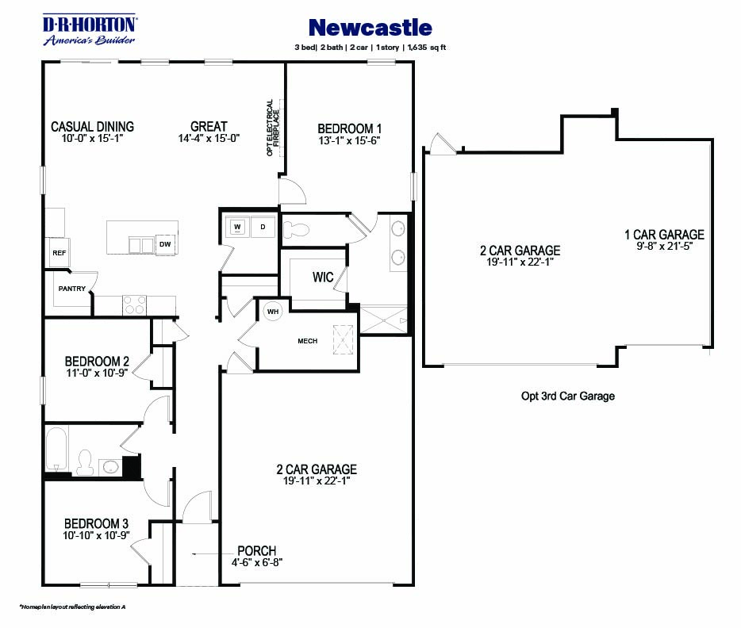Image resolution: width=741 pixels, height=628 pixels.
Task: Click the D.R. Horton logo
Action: pos(89,29)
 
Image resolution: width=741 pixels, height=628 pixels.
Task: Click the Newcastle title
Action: pos(370,28)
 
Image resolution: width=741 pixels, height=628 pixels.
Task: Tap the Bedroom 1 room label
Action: pos(350,128)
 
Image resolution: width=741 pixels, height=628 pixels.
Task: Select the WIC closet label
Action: pos(322,278)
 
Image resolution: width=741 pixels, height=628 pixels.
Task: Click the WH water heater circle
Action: pos(272,311)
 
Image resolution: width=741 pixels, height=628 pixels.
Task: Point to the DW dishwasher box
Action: pos(165,244)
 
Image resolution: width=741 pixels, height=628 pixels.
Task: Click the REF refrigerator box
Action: pos(59,253)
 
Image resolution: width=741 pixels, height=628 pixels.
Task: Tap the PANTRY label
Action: pos(71,289)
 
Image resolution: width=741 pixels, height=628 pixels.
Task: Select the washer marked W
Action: pos(236,227)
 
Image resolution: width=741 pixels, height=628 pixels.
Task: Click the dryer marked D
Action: pos(263,227)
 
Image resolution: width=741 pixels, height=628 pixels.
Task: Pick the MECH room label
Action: pos(307,341)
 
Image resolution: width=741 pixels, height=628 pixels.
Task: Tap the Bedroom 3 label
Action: pos(96,523)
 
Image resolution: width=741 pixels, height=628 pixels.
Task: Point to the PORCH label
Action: pos(256,551)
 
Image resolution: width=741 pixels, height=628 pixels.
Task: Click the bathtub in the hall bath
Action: pos(56,450)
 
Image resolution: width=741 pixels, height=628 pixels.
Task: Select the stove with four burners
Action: pos(134,304)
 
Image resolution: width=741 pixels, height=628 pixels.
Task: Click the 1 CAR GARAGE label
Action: pos(664,235)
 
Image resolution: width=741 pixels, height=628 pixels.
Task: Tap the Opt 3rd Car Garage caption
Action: pos(567,396)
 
